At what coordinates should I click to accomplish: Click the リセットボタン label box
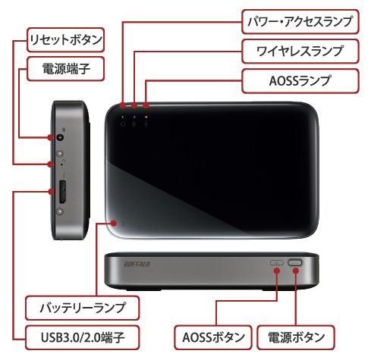click(65, 40)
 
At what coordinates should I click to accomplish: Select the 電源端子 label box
click(65, 69)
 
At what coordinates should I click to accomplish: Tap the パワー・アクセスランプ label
click(300, 22)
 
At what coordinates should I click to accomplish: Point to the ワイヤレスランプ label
click(300, 52)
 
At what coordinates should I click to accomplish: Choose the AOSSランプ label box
click(300, 81)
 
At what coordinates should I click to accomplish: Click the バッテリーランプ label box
click(83, 308)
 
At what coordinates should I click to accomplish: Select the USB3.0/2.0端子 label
click(83, 337)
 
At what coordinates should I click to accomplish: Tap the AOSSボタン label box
click(213, 337)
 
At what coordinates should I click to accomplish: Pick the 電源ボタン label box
click(296, 337)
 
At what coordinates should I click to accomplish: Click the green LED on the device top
click(123, 117)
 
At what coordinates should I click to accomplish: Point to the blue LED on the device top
click(134, 117)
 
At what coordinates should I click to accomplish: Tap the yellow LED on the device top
click(146, 117)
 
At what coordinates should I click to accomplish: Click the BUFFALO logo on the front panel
click(137, 265)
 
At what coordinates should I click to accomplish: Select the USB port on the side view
click(62, 192)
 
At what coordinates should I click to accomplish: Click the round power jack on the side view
click(60, 137)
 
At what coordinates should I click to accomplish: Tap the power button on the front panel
click(295, 263)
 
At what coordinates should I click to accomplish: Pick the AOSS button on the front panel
click(277, 263)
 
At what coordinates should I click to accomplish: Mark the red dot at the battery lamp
click(115, 223)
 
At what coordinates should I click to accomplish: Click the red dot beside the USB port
click(52, 192)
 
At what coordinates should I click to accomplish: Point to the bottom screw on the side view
click(60, 211)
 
